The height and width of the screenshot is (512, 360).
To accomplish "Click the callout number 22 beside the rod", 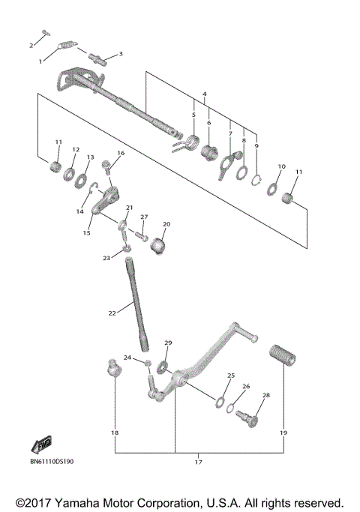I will [x=112, y=313].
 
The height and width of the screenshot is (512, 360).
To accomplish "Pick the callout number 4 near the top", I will [x=203, y=94].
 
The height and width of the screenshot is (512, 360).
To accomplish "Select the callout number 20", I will [x=166, y=224].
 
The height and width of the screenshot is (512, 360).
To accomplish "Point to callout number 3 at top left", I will [x=120, y=54].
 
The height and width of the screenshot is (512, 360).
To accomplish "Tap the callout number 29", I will [x=168, y=343].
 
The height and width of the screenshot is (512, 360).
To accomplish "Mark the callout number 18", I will [x=115, y=433].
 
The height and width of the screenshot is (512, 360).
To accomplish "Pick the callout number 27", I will [x=144, y=217].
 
